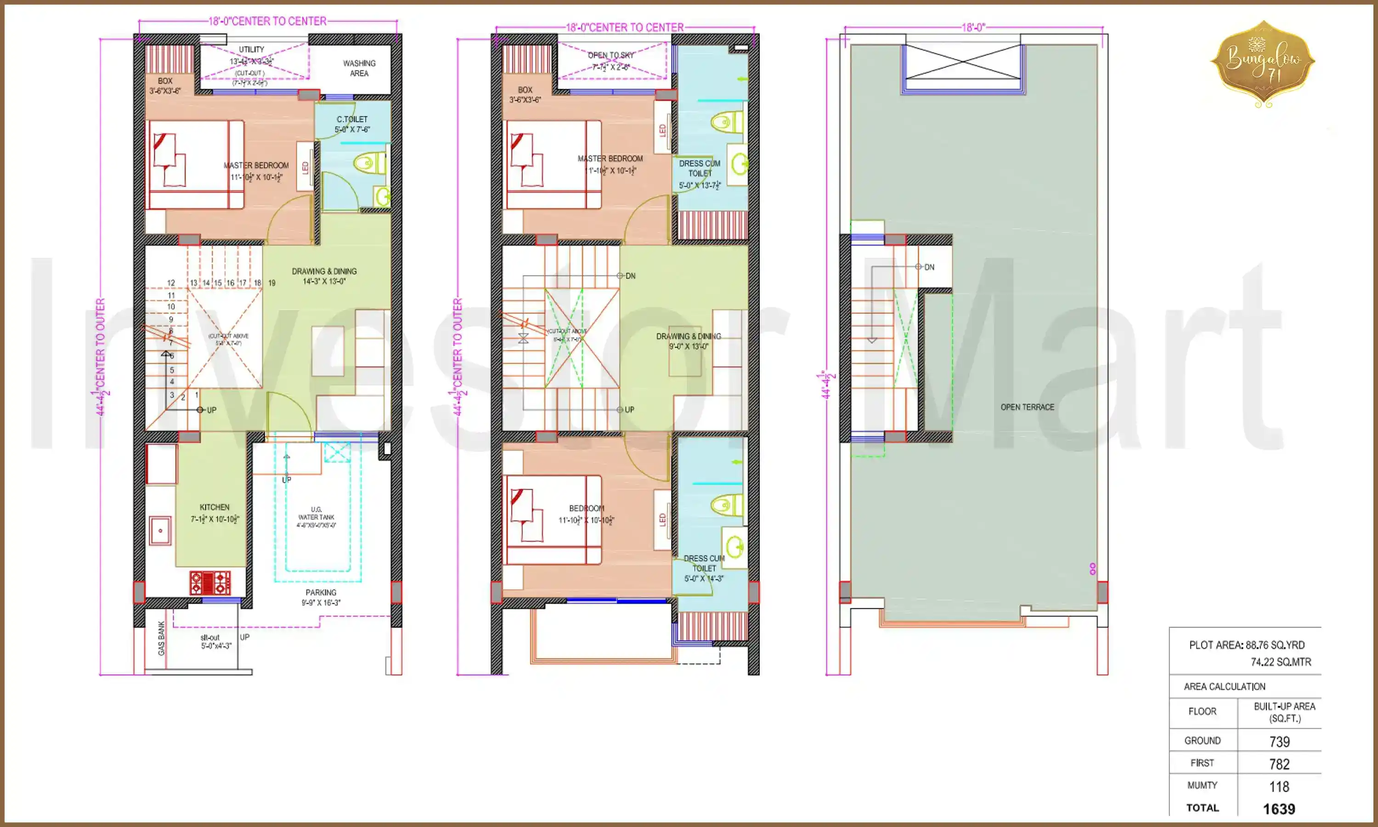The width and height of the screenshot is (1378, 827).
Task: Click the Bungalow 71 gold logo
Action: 1263,63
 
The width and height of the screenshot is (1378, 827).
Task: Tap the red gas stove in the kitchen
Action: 210,583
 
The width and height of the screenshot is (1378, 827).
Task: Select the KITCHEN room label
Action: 215,507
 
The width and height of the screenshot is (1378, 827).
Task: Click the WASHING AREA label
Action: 359,68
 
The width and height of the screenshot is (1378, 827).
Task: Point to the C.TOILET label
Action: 352,119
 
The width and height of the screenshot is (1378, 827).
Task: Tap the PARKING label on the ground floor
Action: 321,592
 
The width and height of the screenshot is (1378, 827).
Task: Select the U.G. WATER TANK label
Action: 316,513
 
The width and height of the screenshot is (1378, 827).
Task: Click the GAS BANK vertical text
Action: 161,638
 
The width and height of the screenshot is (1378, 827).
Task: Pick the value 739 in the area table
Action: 1279,742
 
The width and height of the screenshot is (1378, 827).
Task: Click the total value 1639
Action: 1279,809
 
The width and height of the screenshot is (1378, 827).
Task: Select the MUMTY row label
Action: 1202,785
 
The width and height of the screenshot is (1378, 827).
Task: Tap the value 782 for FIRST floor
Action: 1279,764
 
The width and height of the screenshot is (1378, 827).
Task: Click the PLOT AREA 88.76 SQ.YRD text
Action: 1247,645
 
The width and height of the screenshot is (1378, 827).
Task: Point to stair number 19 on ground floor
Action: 272,283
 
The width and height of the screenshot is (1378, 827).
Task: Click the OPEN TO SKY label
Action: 611,55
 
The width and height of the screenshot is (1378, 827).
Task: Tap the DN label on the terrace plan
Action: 929,267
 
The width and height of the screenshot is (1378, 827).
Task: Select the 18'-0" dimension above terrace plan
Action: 973,27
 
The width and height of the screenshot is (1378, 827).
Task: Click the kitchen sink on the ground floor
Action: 160,531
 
